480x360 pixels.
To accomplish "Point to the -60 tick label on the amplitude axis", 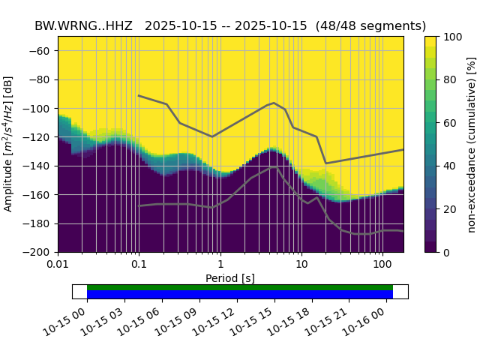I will [41, 51].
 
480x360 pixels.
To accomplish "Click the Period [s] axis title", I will [230, 278].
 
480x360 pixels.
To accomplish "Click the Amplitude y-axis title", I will [9, 144].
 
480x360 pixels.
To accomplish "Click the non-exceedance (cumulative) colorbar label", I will [472, 144].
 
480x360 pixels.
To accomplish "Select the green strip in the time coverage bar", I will [240, 287].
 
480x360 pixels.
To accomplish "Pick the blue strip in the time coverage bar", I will [240, 294].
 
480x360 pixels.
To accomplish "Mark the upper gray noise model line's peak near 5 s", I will [274, 103].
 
